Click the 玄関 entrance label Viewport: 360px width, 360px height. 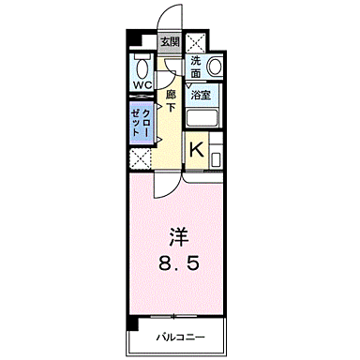[169, 41]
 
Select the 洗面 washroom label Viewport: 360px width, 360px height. [196, 67]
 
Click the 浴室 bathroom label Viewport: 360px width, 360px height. [201, 96]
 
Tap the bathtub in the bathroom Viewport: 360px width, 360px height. [202, 119]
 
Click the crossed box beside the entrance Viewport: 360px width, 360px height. [198, 42]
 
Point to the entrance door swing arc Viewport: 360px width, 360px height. [168, 19]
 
